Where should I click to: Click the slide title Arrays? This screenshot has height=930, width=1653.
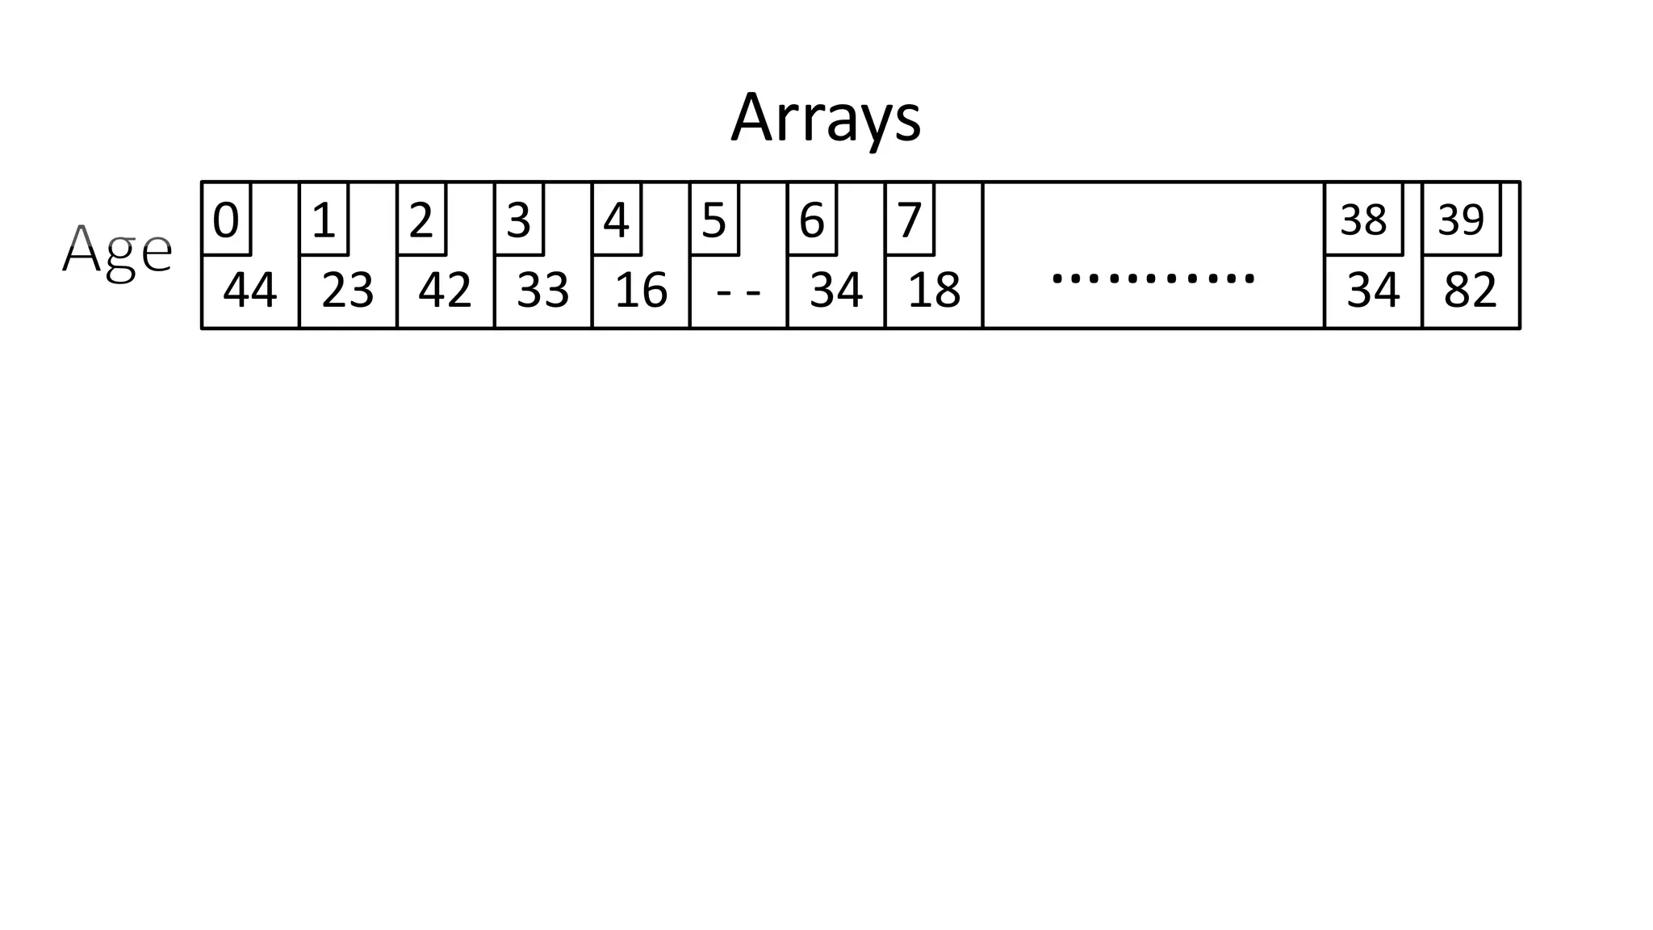(825, 119)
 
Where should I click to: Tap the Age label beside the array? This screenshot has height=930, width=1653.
(117, 251)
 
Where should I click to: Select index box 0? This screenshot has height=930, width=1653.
(226, 220)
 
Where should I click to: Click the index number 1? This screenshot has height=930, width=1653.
(324, 220)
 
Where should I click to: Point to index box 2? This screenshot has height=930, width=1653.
(421, 220)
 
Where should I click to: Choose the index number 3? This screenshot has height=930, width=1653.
(519, 220)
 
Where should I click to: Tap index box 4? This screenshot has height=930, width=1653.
(617, 220)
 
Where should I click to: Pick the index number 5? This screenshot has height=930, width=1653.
(714, 220)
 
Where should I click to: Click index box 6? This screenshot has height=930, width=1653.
(812, 220)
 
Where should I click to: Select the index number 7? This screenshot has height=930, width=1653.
(910, 220)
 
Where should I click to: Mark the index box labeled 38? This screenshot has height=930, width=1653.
(1363, 220)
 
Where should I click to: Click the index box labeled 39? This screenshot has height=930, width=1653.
(1461, 220)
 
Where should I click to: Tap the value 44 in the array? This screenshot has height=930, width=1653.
(250, 291)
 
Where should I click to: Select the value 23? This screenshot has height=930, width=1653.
(348, 291)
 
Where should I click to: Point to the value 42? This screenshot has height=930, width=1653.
(446, 291)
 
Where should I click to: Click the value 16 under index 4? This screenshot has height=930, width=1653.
(641, 291)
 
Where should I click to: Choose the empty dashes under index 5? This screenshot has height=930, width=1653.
(739, 291)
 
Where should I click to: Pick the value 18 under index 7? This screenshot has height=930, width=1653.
(934, 291)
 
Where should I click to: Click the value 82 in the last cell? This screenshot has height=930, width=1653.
(1471, 291)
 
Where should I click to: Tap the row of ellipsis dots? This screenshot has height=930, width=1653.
(1153, 279)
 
